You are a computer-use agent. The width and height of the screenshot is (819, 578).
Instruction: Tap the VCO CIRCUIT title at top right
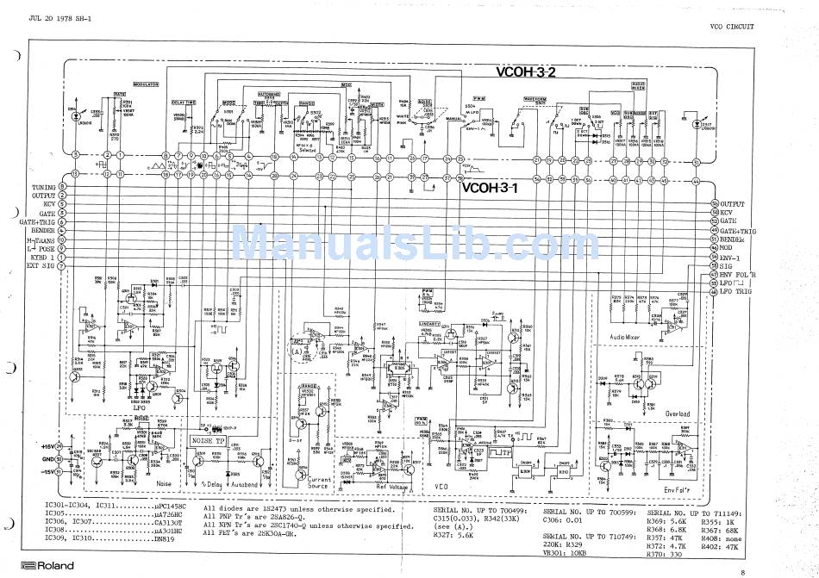(731, 27)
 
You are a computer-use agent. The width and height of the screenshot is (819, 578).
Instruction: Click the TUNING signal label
(44, 187)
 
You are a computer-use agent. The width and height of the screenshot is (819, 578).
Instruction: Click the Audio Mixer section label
(630, 336)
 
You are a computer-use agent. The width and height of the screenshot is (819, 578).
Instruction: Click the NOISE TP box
(209, 439)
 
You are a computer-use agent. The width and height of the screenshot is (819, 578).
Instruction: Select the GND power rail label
(49, 459)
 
